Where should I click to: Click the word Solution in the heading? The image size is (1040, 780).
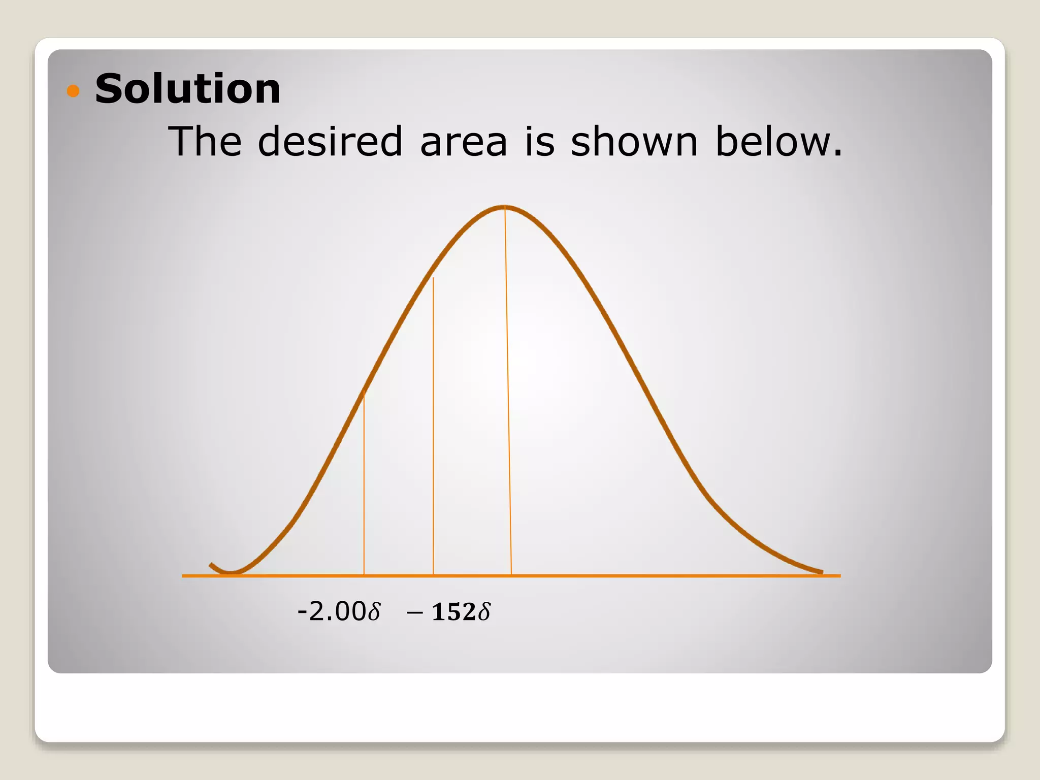(187, 89)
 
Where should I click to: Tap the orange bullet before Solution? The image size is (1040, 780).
(74, 91)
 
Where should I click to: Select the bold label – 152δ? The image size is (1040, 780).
(449, 611)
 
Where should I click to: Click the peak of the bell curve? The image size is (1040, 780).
(505, 207)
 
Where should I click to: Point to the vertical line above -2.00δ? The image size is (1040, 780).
(364, 482)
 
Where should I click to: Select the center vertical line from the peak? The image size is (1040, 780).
(508, 391)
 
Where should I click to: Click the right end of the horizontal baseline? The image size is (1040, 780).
(839, 576)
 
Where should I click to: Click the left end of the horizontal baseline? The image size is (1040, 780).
(184, 576)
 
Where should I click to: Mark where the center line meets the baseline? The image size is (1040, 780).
(511, 575)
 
